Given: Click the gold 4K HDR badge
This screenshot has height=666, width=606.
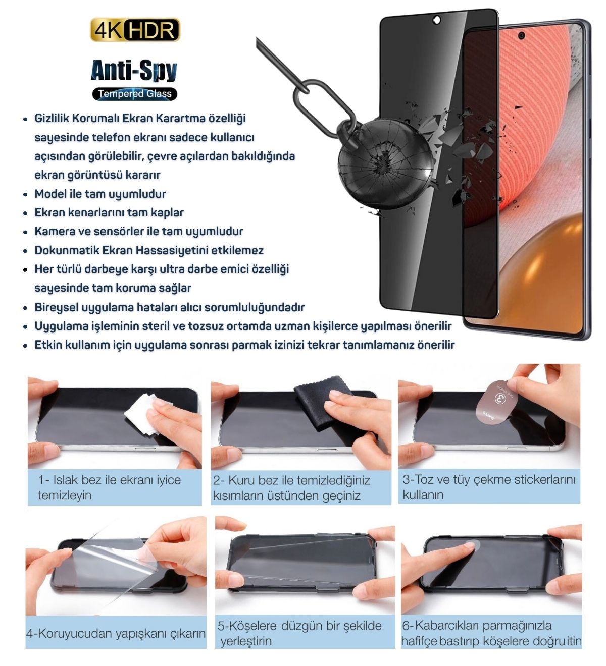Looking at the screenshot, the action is pos(135,30).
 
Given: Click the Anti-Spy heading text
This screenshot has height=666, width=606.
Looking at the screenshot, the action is pos(134,71).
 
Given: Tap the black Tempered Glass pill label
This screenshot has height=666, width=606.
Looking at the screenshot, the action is pos(135,94).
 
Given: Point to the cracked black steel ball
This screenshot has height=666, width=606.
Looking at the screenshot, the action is pos(386,164).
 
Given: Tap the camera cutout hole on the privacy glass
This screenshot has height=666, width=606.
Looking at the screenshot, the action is pos(436,20).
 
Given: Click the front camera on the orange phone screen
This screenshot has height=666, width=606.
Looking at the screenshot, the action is pos(521,35).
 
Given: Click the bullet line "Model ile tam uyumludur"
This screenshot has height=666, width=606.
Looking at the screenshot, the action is pos(100,194).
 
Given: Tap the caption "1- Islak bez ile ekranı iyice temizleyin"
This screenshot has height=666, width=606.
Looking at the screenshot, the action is pos(110,487).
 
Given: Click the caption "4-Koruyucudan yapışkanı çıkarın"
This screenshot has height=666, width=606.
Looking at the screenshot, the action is pos(116,634).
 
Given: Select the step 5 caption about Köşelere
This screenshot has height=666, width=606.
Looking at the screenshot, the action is pos(299,634).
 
